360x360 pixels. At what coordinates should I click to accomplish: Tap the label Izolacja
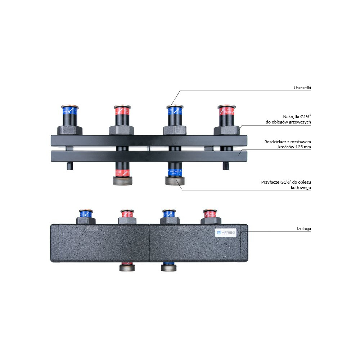(x=303, y=229)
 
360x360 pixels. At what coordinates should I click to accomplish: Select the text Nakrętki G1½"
(x=297, y=116)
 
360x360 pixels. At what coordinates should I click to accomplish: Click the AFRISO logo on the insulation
(x=226, y=233)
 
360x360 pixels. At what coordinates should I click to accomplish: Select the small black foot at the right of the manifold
(x=226, y=166)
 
